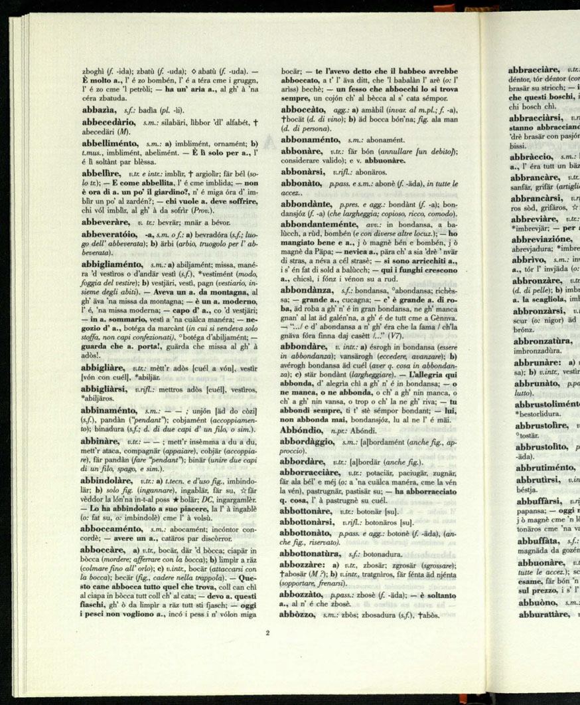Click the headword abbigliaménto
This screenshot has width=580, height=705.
[x=113, y=264]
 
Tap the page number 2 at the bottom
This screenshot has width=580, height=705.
[x=267, y=633]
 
